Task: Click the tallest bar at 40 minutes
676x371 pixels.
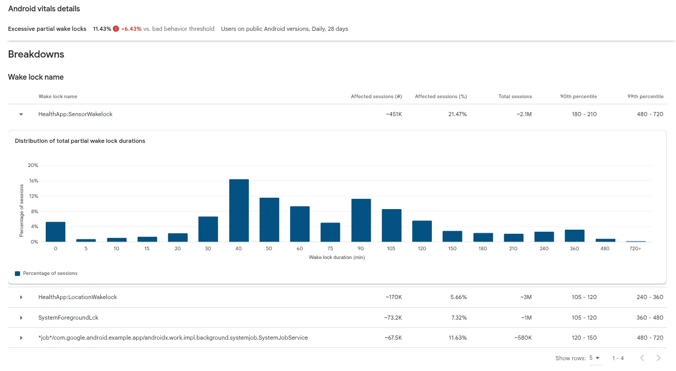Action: pyautogui.click(x=239, y=211)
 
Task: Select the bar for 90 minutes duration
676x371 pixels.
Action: pyautogui.click(x=361, y=220)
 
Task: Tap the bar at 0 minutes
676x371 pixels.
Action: pyautogui.click(x=56, y=232)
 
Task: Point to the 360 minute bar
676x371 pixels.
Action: pyautogui.click(x=575, y=236)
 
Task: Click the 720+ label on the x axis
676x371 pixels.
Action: pyautogui.click(x=635, y=249)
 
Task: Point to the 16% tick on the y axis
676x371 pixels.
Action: pyautogui.click(x=33, y=181)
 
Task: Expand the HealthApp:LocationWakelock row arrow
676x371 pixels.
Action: pyautogui.click(x=21, y=298)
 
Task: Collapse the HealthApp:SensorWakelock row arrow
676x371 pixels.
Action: pyautogui.click(x=21, y=115)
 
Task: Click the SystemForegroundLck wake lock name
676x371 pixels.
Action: pyautogui.click(x=68, y=318)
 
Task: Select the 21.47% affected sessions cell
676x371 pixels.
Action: pyautogui.click(x=457, y=114)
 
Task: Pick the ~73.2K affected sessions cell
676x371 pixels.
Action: pyautogui.click(x=393, y=318)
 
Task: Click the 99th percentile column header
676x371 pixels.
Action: pyautogui.click(x=645, y=97)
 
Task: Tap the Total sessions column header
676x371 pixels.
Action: pyautogui.click(x=515, y=97)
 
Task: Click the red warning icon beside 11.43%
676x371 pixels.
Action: pyautogui.click(x=116, y=29)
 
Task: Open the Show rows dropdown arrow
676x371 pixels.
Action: pyautogui.click(x=597, y=358)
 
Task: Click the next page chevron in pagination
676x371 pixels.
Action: pyautogui.click(x=659, y=358)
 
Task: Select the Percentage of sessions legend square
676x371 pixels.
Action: pyautogui.click(x=17, y=274)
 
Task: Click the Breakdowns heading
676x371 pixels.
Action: pyautogui.click(x=36, y=54)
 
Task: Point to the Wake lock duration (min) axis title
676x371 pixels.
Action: pyautogui.click(x=337, y=257)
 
